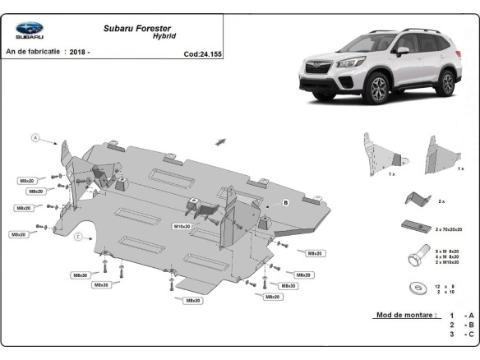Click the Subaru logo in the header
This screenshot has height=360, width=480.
point(30,30)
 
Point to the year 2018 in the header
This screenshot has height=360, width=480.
point(77,52)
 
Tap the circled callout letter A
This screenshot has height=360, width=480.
point(35,137)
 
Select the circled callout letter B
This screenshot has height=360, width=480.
point(286,201)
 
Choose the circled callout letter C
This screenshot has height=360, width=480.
point(77,238)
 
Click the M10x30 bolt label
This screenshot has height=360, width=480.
point(182,226)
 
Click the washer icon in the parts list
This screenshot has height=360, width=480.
point(413,288)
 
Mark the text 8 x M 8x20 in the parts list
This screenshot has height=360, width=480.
point(448,250)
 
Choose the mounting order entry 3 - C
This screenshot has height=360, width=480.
point(461,335)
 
